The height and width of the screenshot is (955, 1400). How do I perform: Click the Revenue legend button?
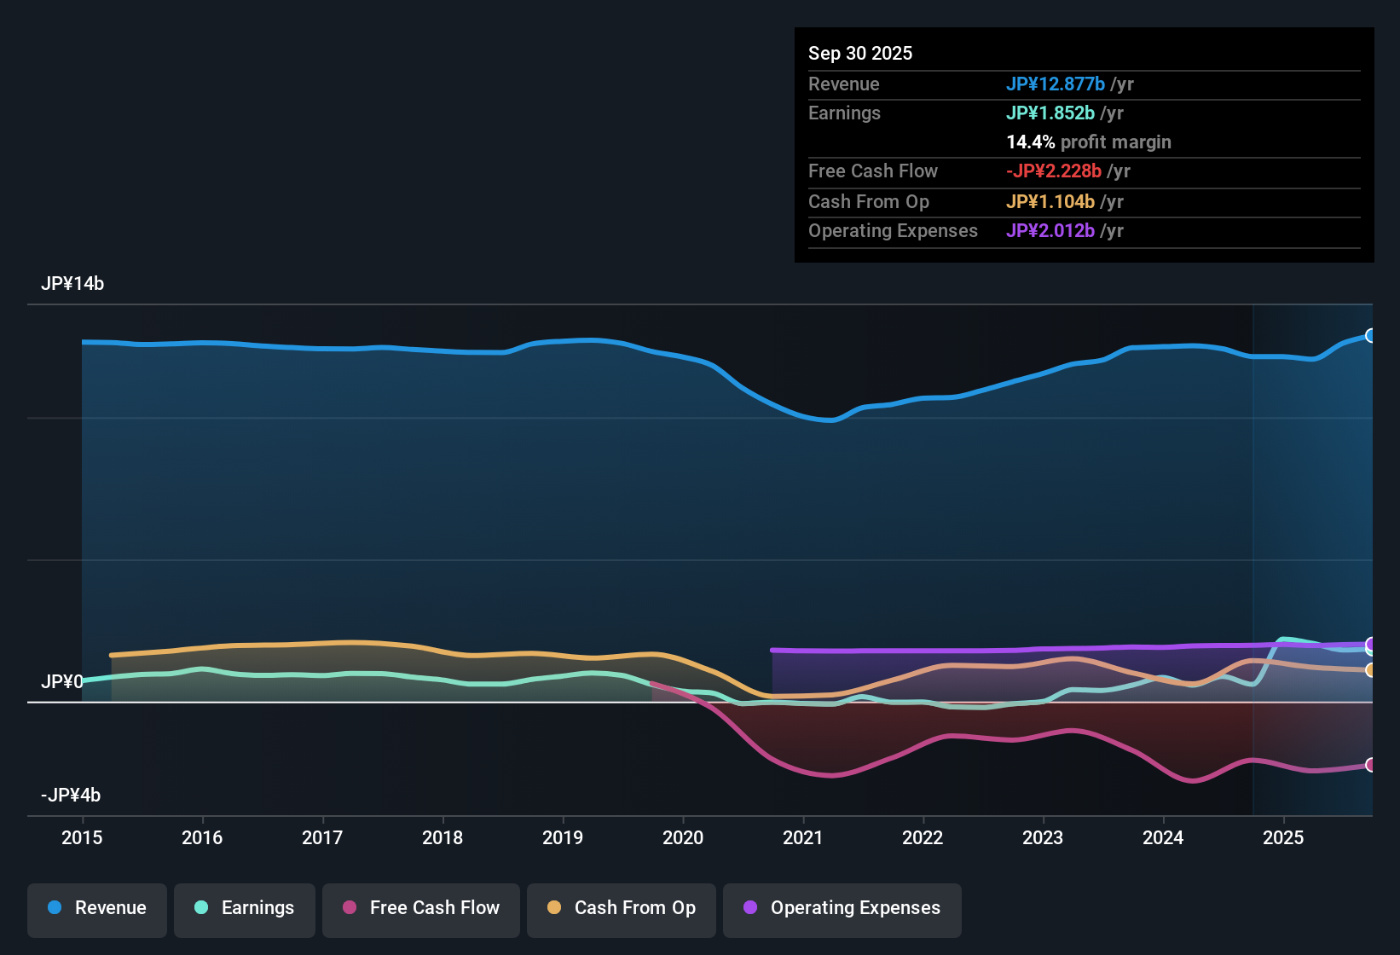pos(97,908)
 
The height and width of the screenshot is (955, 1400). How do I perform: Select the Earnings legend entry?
pos(245,908)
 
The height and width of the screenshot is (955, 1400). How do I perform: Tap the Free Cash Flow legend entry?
pos(421,908)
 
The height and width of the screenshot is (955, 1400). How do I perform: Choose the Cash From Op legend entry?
pos(622,908)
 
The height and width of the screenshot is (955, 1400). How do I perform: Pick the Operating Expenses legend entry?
pos(842,908)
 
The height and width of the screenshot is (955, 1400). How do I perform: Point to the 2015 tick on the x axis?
pos(82,838)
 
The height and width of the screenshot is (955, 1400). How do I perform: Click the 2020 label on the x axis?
pos(683,838)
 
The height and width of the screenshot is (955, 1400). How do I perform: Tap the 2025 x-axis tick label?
pos(1283,838)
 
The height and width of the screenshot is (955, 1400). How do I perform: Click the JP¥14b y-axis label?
pos(72,284)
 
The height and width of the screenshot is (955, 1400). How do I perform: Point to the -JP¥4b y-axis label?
pos(71,796)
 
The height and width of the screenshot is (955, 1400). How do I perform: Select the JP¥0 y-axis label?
pos(62,682)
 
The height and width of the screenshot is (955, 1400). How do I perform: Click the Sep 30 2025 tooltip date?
pos(860,54)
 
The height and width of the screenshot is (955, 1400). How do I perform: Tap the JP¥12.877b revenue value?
pos(1056,84)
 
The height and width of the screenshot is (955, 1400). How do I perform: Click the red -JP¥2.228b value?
pos(1054,171)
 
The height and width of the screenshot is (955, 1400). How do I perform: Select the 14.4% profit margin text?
pos(1089,142)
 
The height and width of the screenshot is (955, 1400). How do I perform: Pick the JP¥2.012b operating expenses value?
pos(1050,231)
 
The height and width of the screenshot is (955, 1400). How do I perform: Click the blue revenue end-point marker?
pos(1370,336)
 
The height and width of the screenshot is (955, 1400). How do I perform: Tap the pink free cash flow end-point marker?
pos(1370,765)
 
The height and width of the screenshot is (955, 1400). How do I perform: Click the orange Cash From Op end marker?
pos(1370,670)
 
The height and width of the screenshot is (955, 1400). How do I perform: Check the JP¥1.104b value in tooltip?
pos(1050,202)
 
